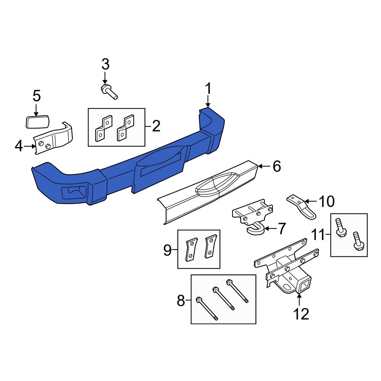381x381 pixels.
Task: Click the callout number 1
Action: pyautogui.click(x=208, y=90)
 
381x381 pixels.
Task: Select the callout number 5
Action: pyautogui.click(x=36, y=95)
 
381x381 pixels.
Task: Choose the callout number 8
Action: pyautogui.click(x=181, y=302)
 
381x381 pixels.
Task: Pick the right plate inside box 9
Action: pyautogui.click(x=210, y=247)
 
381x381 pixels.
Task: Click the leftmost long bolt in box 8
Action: pyautogui.click(x=207, y=308)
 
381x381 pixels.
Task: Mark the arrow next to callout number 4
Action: pyautogui.click(x=30, y=146)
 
